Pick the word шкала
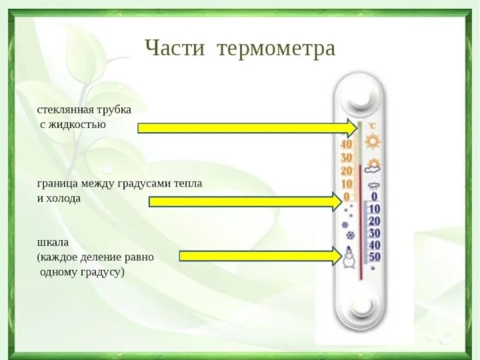53,242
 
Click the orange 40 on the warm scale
346,145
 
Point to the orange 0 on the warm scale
347,197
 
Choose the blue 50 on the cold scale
375,257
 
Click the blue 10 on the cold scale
375,209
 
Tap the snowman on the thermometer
348,259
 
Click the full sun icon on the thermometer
374,142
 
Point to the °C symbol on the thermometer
372,126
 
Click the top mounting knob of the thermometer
361,95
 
